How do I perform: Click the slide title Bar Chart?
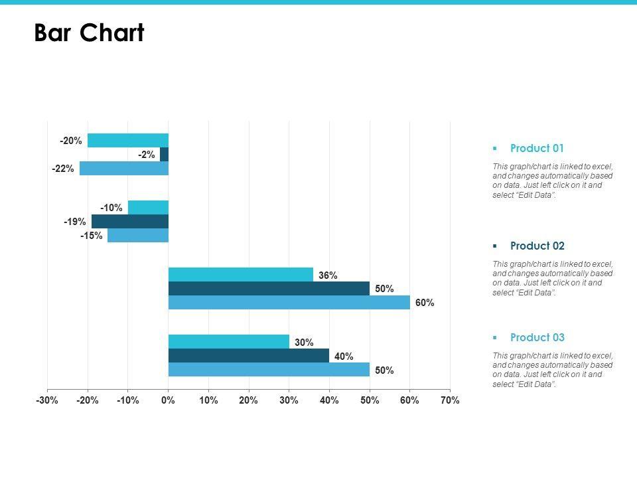point(89,33)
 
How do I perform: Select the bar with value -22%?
point(124,169)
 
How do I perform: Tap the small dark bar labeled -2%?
point(165,155)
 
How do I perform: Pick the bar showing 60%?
point(289,303)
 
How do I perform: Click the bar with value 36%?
point(240,275)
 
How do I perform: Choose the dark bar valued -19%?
point(130,222)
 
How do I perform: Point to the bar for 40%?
point(248,356)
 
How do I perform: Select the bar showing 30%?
point(228,342)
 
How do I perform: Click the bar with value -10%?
point(148,208)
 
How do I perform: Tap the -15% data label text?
point(92,236)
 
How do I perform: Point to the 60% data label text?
point(425,303)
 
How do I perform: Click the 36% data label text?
point(328,275)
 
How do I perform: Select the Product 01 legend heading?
point(537,148)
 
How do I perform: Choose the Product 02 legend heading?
point(537,246)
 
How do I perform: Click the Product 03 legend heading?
point(537,337)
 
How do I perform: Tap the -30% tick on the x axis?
point(48,400)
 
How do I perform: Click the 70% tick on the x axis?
point(449,400)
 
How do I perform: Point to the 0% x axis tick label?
point(169,400)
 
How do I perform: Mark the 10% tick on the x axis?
point(208,400)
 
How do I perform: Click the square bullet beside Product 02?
point(495,246)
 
